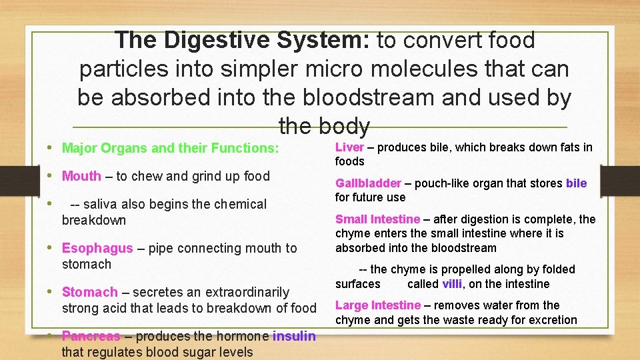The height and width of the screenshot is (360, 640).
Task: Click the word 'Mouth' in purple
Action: (x=81, y=177)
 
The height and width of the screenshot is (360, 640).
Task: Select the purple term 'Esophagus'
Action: (x=97, y=249)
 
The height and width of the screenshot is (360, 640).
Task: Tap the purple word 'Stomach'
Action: (x=89, y=292)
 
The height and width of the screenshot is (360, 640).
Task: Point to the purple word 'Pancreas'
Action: (x=91, y=336)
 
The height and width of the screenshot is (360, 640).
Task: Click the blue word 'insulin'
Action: (x=294, y=336)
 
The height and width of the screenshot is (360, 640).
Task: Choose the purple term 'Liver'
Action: (x=349, y=147)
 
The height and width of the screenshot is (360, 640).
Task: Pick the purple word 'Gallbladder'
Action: (x=368, y=183)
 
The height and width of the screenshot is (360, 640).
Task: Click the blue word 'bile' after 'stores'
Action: (x=576, y=183)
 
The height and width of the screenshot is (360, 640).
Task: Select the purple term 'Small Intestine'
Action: (x=377, y=219)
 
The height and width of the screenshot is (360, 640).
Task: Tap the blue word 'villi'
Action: (x=453, y=284)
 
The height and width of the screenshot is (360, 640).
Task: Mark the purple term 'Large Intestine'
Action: (x=378, y=305)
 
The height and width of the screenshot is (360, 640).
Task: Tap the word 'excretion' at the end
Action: (x=550, y=320)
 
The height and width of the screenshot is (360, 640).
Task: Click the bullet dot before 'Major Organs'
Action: (x=52, y=147)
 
